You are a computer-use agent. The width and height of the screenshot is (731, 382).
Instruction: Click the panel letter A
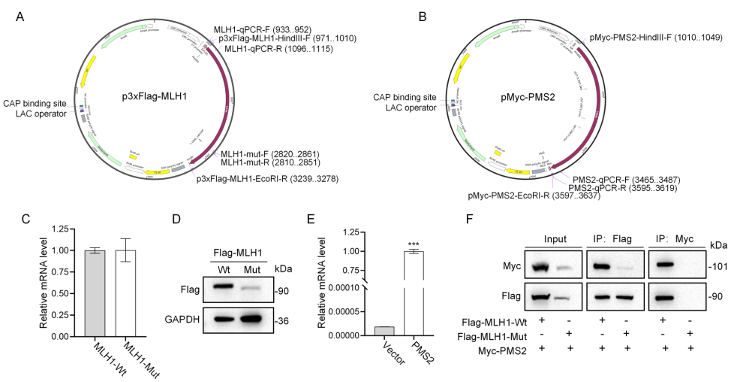tap(21, 15)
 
